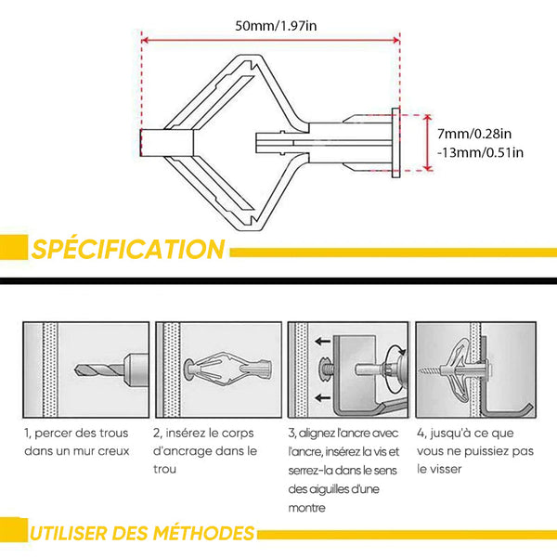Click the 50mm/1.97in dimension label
(276, 26)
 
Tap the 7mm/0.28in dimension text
(474, 134)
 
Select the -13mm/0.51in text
(480, 153)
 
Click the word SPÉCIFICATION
(128, 249)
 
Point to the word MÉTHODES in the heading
(204, 533)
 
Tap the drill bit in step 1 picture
(99, 369)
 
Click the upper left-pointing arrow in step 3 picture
(323, 342)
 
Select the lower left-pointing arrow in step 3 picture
(323, 397)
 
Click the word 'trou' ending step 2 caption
(165, 469)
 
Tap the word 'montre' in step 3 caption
(307, 508)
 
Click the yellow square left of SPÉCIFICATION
(14, 247)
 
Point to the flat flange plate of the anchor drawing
(395, 143)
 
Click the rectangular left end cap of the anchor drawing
(167, 143)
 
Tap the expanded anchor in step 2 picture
(228, 369)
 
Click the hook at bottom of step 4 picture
(508, 411)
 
